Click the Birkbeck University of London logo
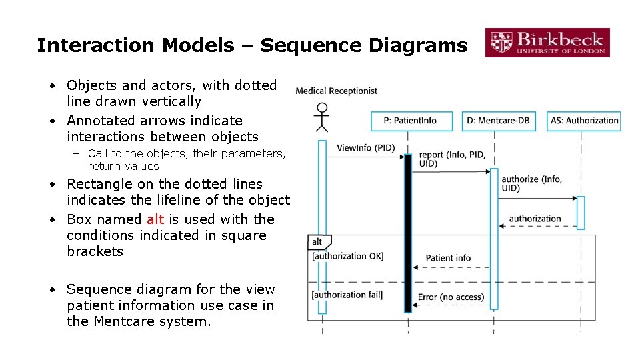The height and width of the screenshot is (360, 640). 547,42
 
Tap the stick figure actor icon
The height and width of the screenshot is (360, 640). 322,117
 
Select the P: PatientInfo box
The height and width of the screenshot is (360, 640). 411,121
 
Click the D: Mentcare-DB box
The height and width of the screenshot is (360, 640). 495,121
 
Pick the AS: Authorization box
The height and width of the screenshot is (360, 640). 584,121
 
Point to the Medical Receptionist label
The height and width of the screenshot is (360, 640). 336,91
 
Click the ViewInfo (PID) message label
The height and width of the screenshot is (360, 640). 365,147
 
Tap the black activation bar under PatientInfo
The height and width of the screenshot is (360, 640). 408,233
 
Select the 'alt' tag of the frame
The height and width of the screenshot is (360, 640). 317,241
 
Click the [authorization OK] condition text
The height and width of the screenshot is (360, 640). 347,256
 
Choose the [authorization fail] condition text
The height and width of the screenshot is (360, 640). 347,295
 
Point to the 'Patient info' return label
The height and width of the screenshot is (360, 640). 448,258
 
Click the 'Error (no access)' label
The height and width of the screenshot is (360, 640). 451,297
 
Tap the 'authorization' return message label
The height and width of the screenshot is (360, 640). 535,219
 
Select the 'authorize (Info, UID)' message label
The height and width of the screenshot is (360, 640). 531,183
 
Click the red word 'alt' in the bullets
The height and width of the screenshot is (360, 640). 155,219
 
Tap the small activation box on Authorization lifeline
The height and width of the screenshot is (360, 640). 581,212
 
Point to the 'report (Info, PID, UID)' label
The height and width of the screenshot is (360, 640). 452,159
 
